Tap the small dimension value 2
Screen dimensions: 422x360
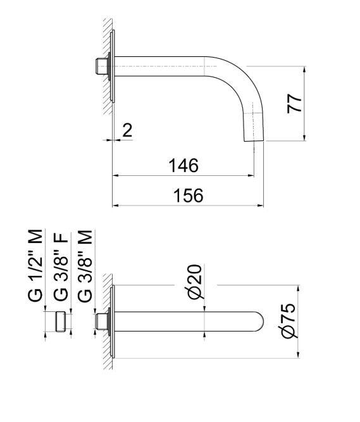pyautogui.click(x=127, y=131)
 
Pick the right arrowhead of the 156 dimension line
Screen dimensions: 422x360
pyautogui.click(x=261, y=205)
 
